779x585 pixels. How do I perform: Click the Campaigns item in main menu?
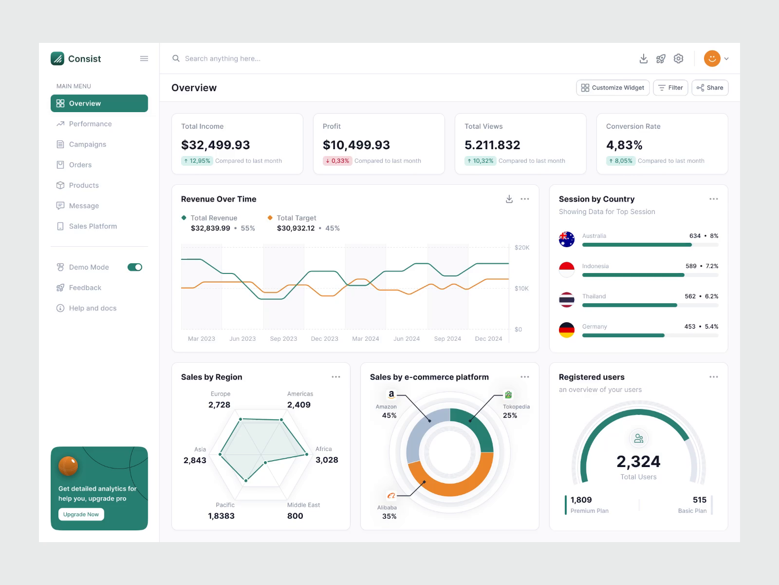click(x=87, y=144)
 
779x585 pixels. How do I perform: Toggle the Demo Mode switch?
click(x=135, y=267)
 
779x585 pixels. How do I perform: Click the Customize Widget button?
click(x=612, y=88)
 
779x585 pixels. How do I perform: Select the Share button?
click(x=710, y=88)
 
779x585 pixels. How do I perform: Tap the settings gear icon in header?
click(x=678, y=58)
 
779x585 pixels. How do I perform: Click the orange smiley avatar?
click(x=712, y=58)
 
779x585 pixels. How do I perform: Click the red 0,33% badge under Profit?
click(x=337, y=161)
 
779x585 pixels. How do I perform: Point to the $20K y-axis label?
click(x=521, y=248)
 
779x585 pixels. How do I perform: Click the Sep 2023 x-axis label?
click(x=283, y=339)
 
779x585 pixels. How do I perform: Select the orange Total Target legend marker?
click(x=270, y=218)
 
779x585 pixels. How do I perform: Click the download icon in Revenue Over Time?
click(x=509, y=199)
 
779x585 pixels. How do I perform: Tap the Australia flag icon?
click(x=567, y=239)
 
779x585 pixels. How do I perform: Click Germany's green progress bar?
click(x=623, y=335)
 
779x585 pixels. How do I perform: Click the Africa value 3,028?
click(x=327, y=460)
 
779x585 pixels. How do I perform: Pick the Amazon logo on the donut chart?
click(x=391, y=394)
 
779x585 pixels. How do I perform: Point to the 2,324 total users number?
click(x=638, y=461)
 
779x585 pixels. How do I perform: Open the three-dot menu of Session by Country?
click(x=713, y=199)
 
